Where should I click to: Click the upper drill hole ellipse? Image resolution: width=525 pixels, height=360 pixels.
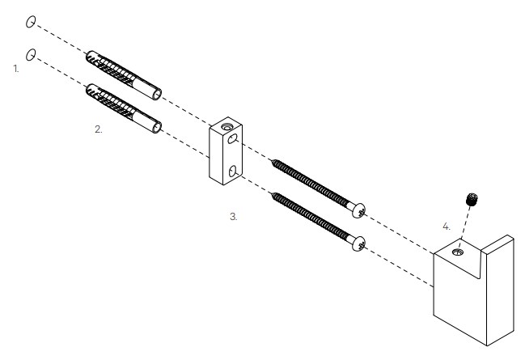pos(31,22)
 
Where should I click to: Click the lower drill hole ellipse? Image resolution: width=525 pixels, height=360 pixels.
pos(31,54)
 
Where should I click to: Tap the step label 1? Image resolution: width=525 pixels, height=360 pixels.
pos(16,69)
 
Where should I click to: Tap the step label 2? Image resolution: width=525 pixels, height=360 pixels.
pos(98,129)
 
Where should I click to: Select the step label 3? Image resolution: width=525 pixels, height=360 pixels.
pos(233,217)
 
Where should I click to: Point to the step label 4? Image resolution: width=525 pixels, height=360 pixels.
pos(447,227)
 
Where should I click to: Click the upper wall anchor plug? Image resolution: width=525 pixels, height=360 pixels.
pos(124,75)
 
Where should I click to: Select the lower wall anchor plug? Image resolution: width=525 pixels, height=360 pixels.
pos(124,108)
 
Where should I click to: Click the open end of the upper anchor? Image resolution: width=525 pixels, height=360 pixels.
pos(157,95)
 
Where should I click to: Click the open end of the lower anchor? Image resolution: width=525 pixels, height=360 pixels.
pos(157,128)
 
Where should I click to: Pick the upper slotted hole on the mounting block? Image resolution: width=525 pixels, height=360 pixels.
pos(233,138)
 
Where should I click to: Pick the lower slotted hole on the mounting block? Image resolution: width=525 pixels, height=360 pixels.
pos(233,172)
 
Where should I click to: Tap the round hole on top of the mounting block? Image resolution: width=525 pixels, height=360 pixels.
pos(227,127)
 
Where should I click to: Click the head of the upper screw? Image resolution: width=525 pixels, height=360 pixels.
pos(358,210)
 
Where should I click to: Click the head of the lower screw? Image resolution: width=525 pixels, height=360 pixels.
pos(358,244)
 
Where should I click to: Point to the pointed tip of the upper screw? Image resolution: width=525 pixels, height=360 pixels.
pos(273,161)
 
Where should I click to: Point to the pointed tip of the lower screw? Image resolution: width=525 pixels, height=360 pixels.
pos(273,194)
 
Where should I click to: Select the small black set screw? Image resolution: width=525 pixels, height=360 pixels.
pos(472,200)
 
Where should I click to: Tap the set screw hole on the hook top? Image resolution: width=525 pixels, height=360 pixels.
pos(458,252)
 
